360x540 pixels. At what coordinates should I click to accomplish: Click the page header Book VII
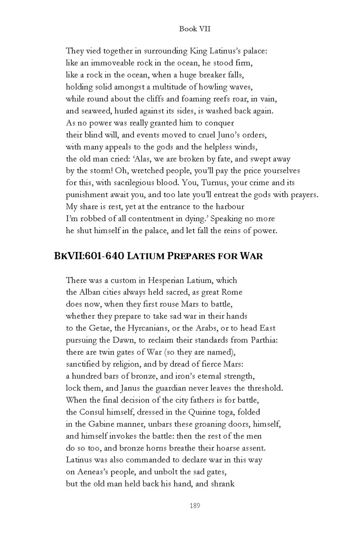(195, 29)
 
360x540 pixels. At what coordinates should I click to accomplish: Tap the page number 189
(195, 505)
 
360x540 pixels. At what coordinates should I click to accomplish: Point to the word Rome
(232, 292)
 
